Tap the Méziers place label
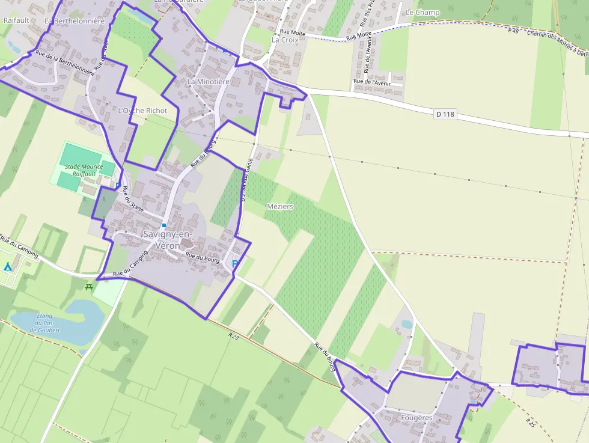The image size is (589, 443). [x=279, y=206]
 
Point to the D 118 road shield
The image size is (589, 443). [x=444, y=114]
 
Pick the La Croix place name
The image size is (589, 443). [x=285, y=40]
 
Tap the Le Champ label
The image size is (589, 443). [x=423, y=13]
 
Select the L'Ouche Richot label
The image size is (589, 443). [x=142, y=111]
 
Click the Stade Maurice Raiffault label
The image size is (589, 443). [x=84, y=170]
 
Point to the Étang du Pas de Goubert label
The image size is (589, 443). [x=45, y=323]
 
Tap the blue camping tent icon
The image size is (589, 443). [x=7, y=266]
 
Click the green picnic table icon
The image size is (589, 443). [x=90, y=287]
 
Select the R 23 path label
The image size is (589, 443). [x=234, y=337]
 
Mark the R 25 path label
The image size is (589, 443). [x=529, y=422]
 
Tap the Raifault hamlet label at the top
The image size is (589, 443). [x=16, y=20]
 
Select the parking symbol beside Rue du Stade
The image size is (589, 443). [x=118, y=184]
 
